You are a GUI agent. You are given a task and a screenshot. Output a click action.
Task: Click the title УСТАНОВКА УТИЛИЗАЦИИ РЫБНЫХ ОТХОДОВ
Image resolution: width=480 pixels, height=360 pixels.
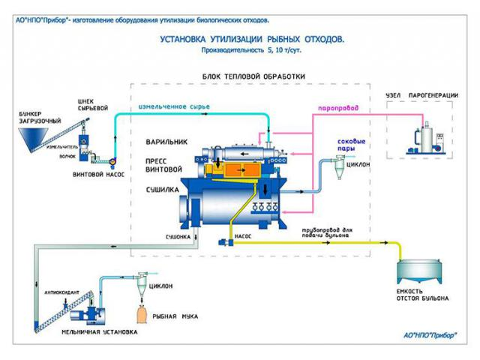(x=252, y=38)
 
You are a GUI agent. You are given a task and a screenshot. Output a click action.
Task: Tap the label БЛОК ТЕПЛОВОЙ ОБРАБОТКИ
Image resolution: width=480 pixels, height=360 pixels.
(x=254, y=76)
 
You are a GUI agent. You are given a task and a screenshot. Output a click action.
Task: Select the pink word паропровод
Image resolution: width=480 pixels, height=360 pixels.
(x=339, y=108)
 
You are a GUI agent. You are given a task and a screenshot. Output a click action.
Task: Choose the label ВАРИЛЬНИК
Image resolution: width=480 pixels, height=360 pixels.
(x=166, y=141)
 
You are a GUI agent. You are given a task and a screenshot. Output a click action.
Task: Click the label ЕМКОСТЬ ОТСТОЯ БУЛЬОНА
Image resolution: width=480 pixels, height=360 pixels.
(x=424, y=295)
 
